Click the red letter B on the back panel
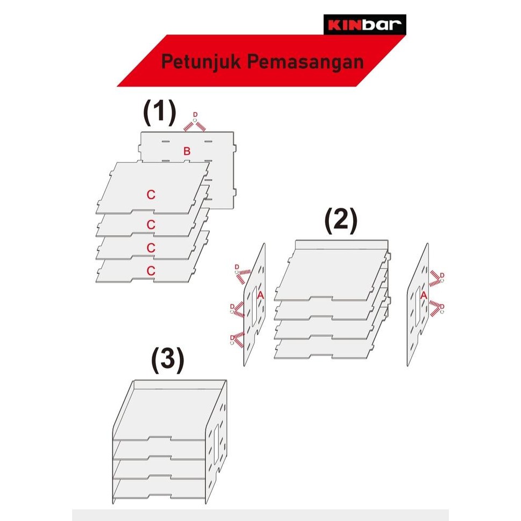[x=186, y=151]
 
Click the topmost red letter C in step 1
[x=151, y=195]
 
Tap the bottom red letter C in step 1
[x=151, y=271]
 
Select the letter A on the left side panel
[x=261, y=295]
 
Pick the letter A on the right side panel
[x=423, y=295]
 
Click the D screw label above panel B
[x=195, y=115]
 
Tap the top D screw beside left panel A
[x=237, y=267]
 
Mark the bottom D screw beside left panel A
[x=233, y=337]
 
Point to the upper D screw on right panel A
[x=442, y=276]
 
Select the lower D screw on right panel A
[x=442, y=307]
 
